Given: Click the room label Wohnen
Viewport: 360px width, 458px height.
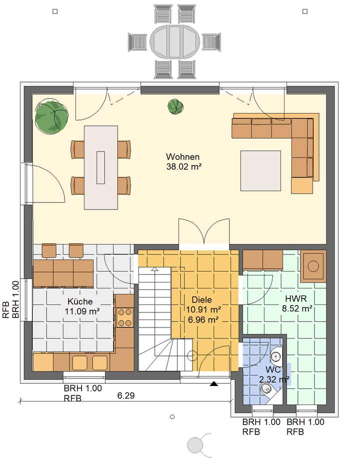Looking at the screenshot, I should point(183,156).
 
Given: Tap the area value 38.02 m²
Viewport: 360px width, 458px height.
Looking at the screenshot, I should point(183,166).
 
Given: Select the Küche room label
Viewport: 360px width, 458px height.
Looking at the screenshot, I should point(80,301).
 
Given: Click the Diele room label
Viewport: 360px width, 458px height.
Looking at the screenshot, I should point(202,300).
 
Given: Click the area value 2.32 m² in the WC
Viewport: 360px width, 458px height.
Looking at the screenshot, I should point(274,379).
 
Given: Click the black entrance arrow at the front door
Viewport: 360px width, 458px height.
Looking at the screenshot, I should point(214,384).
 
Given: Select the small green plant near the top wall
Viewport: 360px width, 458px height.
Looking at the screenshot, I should point(174,105).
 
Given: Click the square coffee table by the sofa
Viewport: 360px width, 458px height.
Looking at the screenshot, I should point(260,170).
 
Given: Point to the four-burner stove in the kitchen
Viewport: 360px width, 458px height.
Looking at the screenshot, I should point(125,317).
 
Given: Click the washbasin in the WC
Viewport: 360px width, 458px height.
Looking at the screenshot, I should point(276,356).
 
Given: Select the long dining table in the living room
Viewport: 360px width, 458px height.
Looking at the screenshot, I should point(101,167).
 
